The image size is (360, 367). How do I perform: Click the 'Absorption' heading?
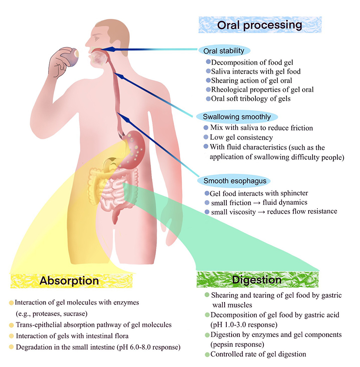pos(69,280)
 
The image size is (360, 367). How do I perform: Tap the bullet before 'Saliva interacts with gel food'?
pos(208,71)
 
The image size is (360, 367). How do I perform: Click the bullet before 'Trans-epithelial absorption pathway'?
pos(11,325)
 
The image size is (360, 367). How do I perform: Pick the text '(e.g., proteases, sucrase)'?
pos(52,313)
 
